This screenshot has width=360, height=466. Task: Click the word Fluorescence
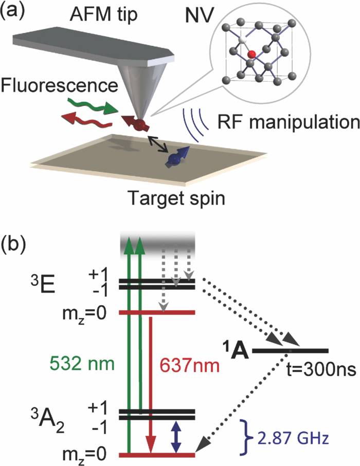(60, 84)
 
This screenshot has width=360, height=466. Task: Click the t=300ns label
(314, 369)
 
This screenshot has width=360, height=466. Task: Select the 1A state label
(237, 349)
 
